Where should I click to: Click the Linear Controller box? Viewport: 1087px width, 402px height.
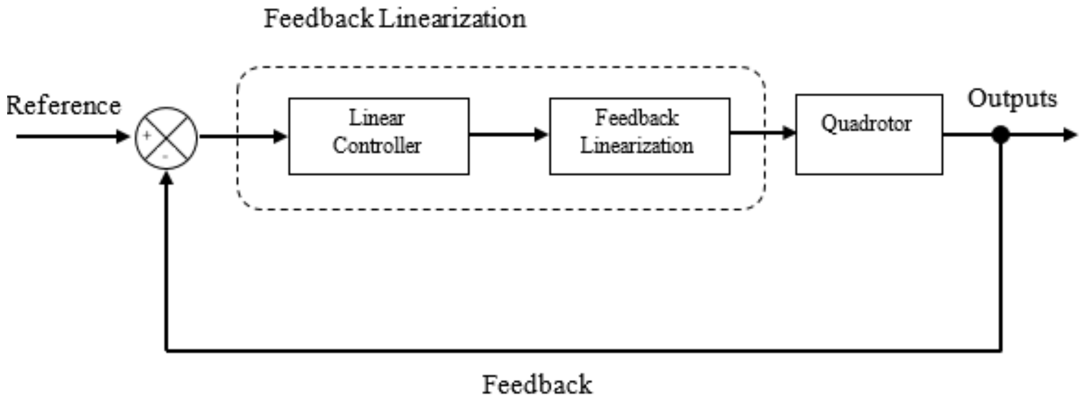coord(379,136)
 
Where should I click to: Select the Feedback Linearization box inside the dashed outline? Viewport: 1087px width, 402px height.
coord(639,136)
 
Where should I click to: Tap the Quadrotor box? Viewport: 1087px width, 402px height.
coord(869,134)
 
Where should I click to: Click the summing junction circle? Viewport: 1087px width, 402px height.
coord(166,138)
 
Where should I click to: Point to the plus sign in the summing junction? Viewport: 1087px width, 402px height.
coord(147,136)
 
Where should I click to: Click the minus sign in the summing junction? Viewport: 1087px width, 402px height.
coord(165,156)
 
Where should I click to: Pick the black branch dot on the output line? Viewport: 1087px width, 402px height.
coord(1000,135)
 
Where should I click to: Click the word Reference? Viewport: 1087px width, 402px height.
coord(63,106)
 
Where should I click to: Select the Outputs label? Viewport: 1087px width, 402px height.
coord(1012,98)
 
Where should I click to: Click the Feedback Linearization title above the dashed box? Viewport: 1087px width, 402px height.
coord(395,19)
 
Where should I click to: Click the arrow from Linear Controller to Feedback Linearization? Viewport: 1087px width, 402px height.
coord(508,135)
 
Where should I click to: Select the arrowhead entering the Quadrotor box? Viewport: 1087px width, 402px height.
coord(789,133)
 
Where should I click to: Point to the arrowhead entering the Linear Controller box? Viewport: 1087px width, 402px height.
coord(281,137)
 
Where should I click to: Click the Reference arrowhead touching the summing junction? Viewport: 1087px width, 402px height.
coord(124,137)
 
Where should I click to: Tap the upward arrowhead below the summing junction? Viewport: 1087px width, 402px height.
coord(166,178)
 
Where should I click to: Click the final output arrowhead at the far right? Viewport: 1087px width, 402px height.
coord(1071,135)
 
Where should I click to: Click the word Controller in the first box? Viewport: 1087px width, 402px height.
coord(377,146)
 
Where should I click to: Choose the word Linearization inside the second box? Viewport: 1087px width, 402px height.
coord(637,146)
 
